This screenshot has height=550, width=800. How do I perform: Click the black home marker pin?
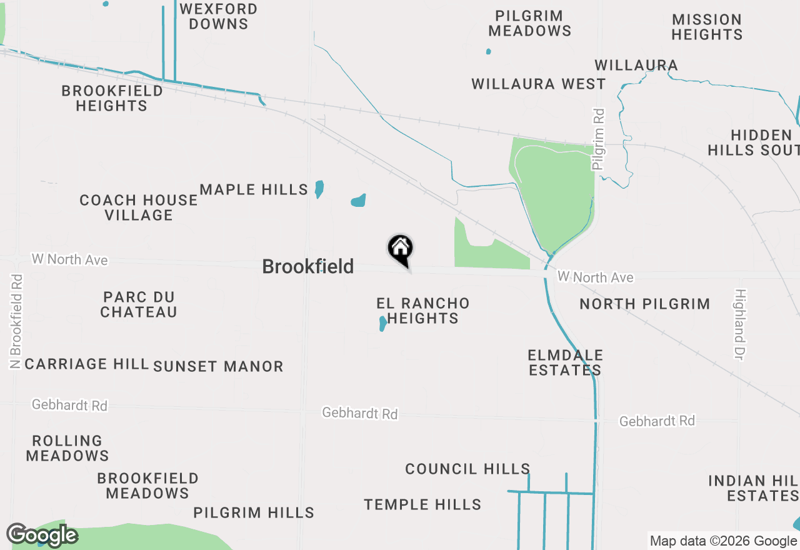click(x=401, y=249)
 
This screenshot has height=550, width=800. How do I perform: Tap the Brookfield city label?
click(x=307, y=267)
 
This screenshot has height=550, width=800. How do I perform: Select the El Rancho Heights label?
click(x=423, y=311)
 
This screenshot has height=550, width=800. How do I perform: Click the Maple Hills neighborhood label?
click(x=254, y=189)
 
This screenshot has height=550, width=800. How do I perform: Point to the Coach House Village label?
click(x=139, y=207)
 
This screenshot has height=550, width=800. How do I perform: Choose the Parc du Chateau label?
click(x=139, y=304)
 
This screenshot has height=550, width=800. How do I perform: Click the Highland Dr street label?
click(x=741, y=324)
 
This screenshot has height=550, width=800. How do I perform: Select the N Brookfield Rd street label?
click(x=16, y=321)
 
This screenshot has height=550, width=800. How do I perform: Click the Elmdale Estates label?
click(x=565, y=362)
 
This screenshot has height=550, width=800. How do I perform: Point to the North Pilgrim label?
click(x=644, y=304)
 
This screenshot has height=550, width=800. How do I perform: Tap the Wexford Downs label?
click(x=218, y=17)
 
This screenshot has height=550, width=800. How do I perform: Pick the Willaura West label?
click(x=538, y=84)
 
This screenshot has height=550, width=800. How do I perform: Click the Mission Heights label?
click(x=707, y=27)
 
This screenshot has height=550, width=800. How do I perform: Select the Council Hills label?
click(x=467, y=469)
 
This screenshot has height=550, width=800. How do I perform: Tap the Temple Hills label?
click(x=422, y=504)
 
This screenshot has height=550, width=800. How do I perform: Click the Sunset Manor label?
click(x=218, y=366)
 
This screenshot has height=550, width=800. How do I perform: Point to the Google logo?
click(x=42, y=535)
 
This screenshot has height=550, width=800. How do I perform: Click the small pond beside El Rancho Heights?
click(x=382, y=324)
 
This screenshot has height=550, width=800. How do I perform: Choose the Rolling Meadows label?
click(x=67, y=448)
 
